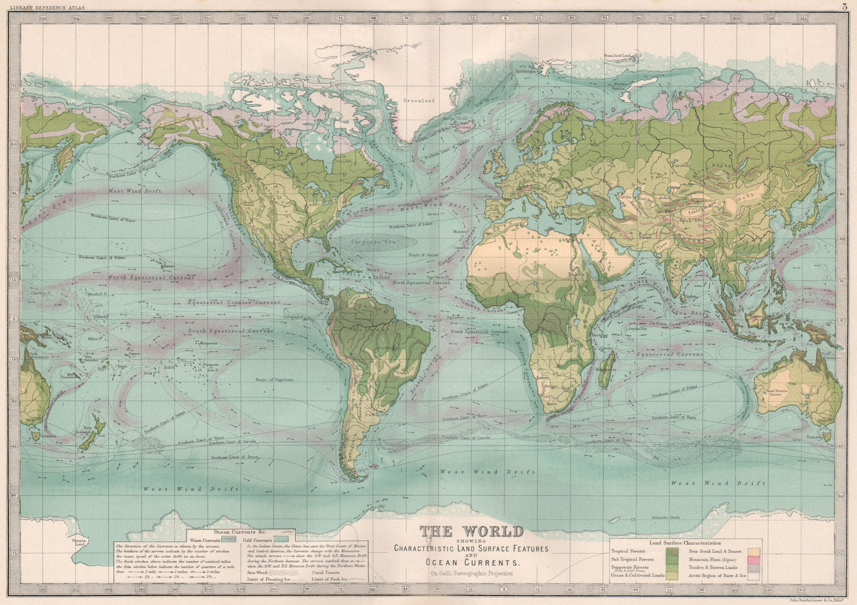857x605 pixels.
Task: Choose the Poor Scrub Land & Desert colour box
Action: [755, 550]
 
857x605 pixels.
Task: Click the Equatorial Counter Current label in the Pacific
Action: [234, 303]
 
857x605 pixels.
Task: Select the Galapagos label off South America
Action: [291, 316]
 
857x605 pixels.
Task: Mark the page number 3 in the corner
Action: [844, 6]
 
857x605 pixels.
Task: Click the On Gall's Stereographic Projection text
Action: [471, 573]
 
